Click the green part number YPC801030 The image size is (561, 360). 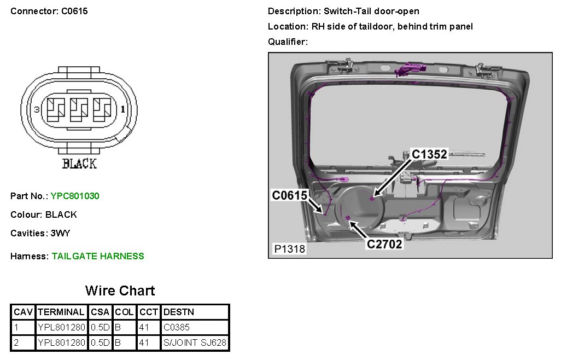pyautogui.click(x=75, y=196)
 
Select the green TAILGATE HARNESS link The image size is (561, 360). pyautogui.click(x=98, y=256)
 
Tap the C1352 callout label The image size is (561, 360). pyautogui.click(x=429, y=155)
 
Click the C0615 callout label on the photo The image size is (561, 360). pyautogui.click(x=290, y=195)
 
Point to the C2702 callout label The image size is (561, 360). pyautogui.click(x=384, y=244)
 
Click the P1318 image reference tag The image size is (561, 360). pyautogui.click(x=290, y=249)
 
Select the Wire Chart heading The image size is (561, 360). pyautogui.click(x=120, y=291)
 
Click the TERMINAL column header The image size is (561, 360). pyautogui.click(x=61, y=312)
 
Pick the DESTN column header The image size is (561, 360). pyautogui.click(x=179, y=312)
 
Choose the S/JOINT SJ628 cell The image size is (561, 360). pyautogui.click(x=195, y=343)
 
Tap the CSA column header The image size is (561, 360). pyautogui.click(x=100, y=312)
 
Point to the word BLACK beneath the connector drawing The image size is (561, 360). pyautogui.click(x=80, y=163)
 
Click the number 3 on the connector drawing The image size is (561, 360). pyautogui.click(x=37, y=110)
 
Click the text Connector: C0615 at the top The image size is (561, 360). pyautogui.click(x=49, y=11)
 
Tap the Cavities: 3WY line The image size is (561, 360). pyautogui.click(x=40, y=233)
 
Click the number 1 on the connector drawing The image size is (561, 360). pyautogui.click(x=122, y=109)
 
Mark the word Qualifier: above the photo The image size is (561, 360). pyautogui.click(x=288, y=42)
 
